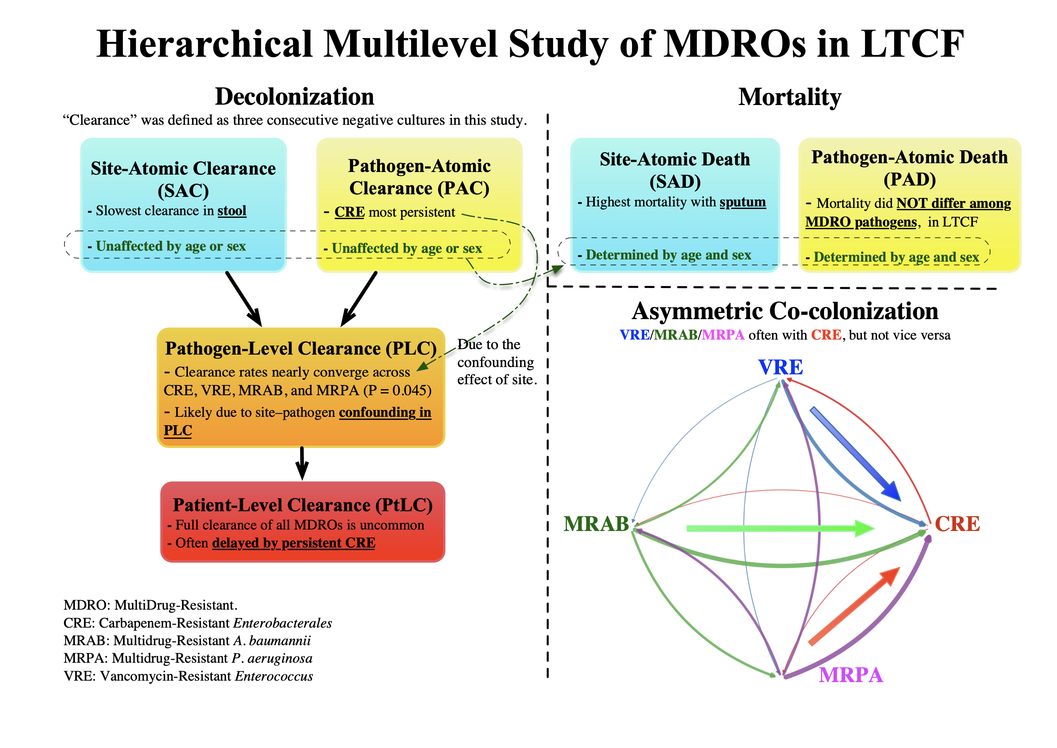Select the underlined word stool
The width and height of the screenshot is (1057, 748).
232,211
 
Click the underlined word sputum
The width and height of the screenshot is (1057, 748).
742,202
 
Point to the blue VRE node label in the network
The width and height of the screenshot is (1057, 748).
780,367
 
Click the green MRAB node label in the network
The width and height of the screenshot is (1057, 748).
596,524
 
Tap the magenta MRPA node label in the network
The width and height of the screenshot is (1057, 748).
851,675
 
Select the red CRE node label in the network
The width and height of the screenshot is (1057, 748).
957,524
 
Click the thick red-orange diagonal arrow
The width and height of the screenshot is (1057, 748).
854,606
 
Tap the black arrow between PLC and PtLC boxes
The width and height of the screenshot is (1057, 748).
302,463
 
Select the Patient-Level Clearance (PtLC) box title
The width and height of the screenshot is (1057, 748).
302,505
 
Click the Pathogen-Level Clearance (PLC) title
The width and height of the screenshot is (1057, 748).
301,349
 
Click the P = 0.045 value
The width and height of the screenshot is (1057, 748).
398,390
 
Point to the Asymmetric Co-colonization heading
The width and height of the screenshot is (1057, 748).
785,311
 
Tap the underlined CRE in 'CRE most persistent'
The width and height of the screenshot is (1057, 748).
349,212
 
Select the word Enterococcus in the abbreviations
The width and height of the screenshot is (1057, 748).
274,676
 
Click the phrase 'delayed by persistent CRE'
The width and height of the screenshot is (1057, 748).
294,543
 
